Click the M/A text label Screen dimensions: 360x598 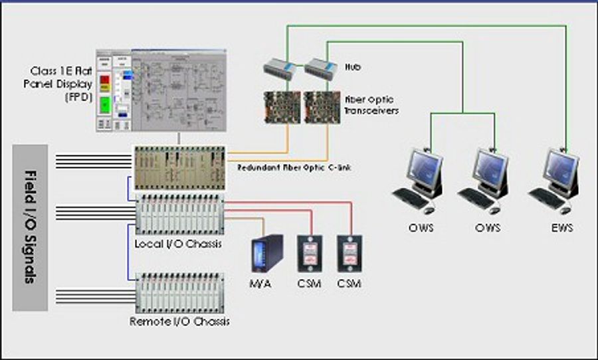264,284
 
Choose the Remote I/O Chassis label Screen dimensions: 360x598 180,321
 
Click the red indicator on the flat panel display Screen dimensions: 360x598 104,81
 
